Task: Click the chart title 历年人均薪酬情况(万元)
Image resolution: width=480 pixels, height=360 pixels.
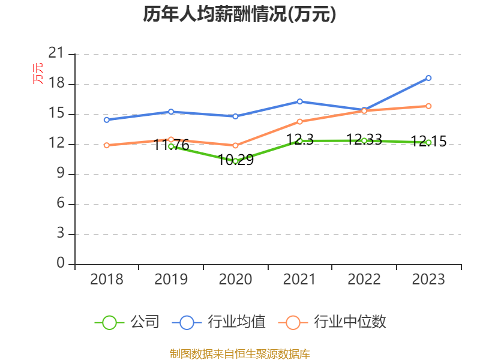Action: coord(239,14)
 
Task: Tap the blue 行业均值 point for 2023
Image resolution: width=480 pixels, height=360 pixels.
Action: coord(428,78)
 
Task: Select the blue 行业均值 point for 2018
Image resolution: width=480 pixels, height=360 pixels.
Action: coord(106,120)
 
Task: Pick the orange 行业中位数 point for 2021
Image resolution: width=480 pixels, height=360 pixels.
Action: coord(299,121)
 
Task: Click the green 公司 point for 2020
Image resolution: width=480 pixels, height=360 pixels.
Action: coord(235,161)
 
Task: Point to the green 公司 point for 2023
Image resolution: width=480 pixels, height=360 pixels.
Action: coord(428,142)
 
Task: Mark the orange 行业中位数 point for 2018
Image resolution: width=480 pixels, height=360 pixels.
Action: coord(106,145)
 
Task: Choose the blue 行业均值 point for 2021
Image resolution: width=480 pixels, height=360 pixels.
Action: coord(299,101)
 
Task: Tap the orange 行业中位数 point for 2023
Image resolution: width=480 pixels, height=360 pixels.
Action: coord(428,106)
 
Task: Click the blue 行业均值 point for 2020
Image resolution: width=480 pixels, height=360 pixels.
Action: coord(235,116)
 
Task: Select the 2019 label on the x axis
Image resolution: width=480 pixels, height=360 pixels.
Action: coord(171,280)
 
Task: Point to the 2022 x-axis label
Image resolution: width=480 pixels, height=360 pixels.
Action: coord(364,280)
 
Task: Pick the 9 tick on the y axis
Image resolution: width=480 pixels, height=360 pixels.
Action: coord(60,174)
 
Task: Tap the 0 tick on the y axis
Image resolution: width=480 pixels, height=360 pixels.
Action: coord(60,264)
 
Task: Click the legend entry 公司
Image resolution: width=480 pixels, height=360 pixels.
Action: coord(127,322)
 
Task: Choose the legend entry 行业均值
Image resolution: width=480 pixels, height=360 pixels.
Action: coord(219,322)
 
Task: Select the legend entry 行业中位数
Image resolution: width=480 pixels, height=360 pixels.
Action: coord(332,322)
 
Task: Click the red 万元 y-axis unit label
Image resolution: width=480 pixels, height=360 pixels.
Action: coord(38,73)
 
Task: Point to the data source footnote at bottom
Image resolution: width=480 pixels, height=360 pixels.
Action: coord(239,353)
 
